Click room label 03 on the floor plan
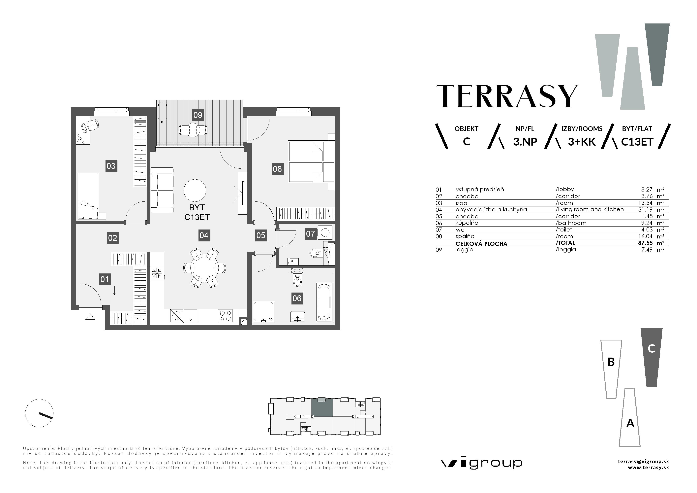(x=111, y=166)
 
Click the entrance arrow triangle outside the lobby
(x=90, y=317)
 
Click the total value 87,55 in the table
(x=645, y=243)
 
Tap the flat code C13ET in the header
(x=637, y=142)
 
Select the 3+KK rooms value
(x=582, y=142)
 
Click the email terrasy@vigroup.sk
(x=643, y=461)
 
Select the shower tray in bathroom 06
(x=263, y=311)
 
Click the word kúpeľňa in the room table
(x=467, y=223)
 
